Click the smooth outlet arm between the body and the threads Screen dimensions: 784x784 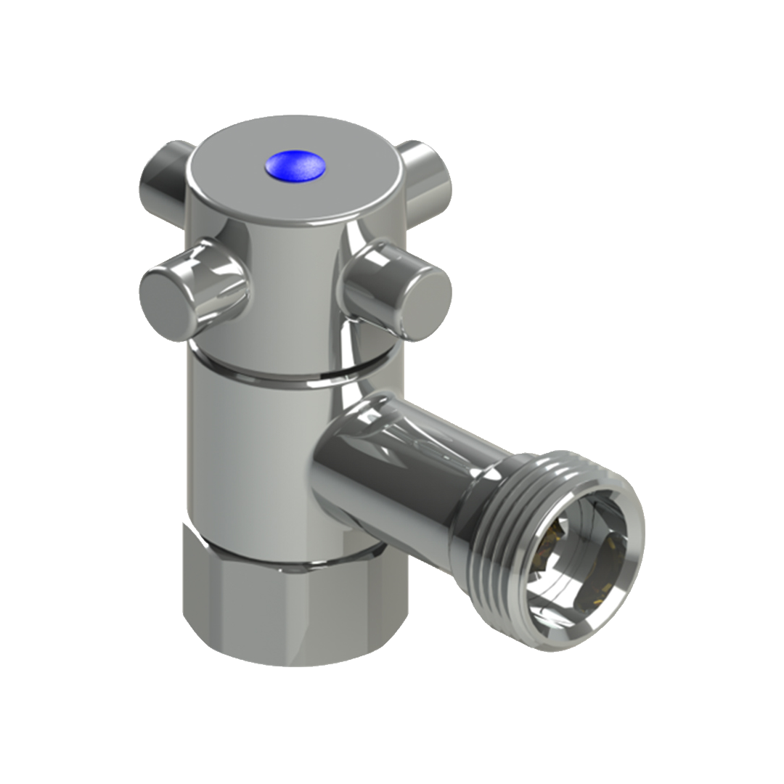407,465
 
